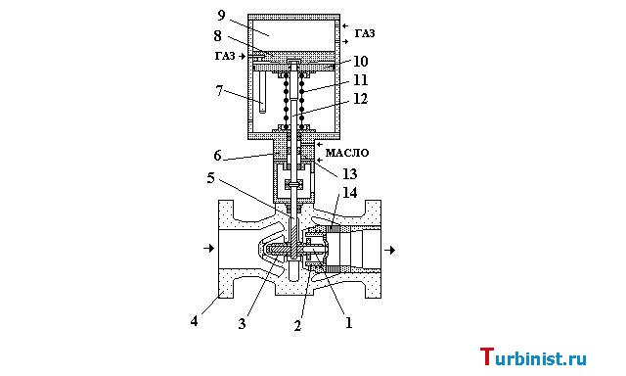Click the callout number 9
pos(221,16)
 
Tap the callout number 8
pos(217,36)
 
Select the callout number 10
pos(360,61)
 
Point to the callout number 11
pos(360,80)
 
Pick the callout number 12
pos(360,99)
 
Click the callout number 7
pos(219,91)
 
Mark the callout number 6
pos(217,156)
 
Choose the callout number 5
pos(210,178)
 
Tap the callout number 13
pos(349,174)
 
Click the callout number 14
pos(349,193)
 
